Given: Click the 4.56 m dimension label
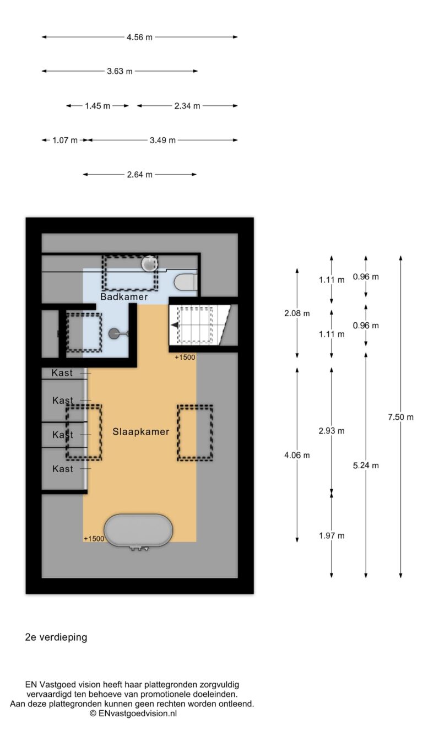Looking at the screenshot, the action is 139,37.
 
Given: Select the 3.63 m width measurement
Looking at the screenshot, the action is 120,71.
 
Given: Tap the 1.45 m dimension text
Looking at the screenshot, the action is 97,106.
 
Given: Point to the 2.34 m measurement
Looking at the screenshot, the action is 187,106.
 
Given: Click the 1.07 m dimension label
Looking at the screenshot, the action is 65,140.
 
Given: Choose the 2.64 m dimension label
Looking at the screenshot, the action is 140,175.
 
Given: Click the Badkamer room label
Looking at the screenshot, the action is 124,297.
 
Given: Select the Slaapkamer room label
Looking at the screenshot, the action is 140,432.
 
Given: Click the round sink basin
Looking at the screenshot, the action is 149,263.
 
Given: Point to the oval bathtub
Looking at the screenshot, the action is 138,530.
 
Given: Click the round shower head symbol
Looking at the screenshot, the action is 113,334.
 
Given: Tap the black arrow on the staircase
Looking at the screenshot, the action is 175,325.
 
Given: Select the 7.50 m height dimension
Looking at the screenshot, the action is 400,417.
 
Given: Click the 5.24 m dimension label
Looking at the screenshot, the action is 366,466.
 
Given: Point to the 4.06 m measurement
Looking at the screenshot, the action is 297,456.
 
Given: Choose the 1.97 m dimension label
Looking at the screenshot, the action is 332,536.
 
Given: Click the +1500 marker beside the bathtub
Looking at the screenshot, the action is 94,539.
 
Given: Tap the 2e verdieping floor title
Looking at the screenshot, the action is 56,637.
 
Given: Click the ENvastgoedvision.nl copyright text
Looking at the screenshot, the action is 133,713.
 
